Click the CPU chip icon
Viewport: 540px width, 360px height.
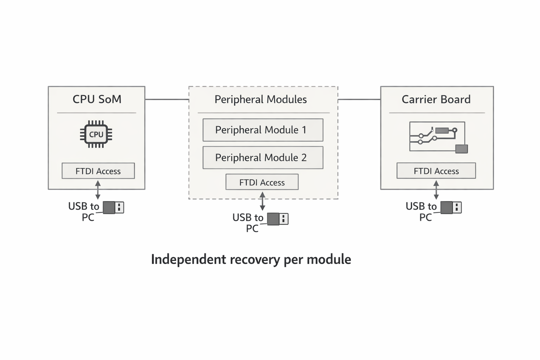pyautogui.click(x=96, y=134)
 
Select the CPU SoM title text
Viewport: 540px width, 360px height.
pyautogui.click(x=97, y=99)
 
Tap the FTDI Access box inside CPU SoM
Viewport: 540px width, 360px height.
pyautogui.click(x=98, y=171)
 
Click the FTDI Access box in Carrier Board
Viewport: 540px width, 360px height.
pyautogui.click(x=436, y=171)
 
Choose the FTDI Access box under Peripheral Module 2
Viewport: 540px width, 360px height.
pyautogui.click(x=262, y=182)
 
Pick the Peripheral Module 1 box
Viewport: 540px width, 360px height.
pyautogui.click(x=263, y=130)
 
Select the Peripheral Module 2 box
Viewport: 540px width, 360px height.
pyautogui.click(x=263, y=157)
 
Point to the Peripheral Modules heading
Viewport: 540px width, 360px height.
pyautogui.click(x=261, y=99)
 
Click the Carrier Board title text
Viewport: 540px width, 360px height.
pyautogui.click(x=436, y=99)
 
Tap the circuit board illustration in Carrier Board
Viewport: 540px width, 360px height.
pyautogui.click(x=438, y=137)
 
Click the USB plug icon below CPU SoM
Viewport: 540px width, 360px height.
pyautogui.click(x=113, y=207)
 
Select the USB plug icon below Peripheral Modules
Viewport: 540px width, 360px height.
pyautogui.click(x=277, y=219)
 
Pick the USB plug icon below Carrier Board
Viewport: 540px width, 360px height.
pyautogui.click(x=451, y=207)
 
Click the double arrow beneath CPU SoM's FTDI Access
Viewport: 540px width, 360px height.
pyautogui.click(x=98, y=190)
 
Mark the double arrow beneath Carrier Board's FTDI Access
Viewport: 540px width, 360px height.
pyautogui.click(x=436, y=190)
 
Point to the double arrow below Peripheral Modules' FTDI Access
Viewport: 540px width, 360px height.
pyautogui.click(x=262, y=201)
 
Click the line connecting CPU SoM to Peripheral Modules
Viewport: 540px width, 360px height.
pyautogui.click(x=167, y=99)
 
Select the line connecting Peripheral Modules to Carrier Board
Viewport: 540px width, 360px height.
pyautogui.click(x=359, y=99)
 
